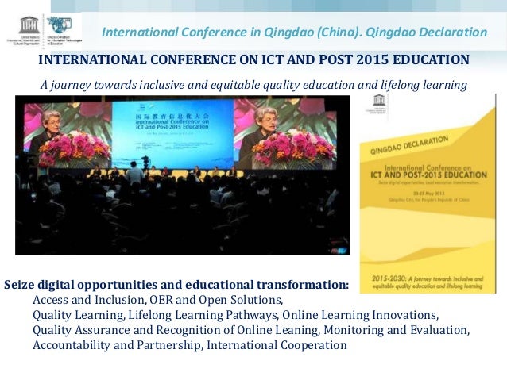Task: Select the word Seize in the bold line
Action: click(x=20, y=284)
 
